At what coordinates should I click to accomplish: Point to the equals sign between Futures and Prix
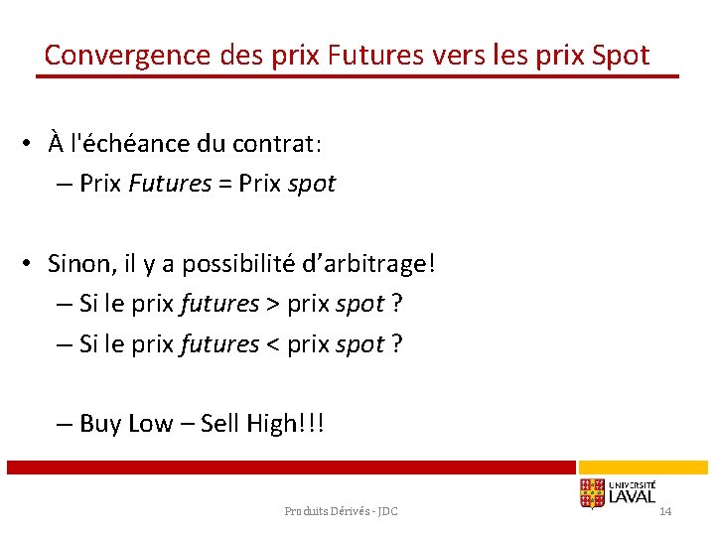(x=225, y=184)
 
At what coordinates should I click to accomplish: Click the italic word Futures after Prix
(x=170, y=184)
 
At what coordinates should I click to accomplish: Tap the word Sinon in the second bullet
(x=80, y=264)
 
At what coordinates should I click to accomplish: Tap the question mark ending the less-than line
(x=397, y=344)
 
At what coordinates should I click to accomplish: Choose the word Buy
(x=100, y=424)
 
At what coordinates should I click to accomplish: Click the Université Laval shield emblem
(x=592, y=493)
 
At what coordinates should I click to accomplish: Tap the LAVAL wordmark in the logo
(x=633, y=495)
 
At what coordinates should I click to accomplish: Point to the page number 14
(x=665, y=511)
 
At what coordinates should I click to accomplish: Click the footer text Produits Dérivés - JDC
(x=341, y=511)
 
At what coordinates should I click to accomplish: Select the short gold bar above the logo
(x=643, y=467)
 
